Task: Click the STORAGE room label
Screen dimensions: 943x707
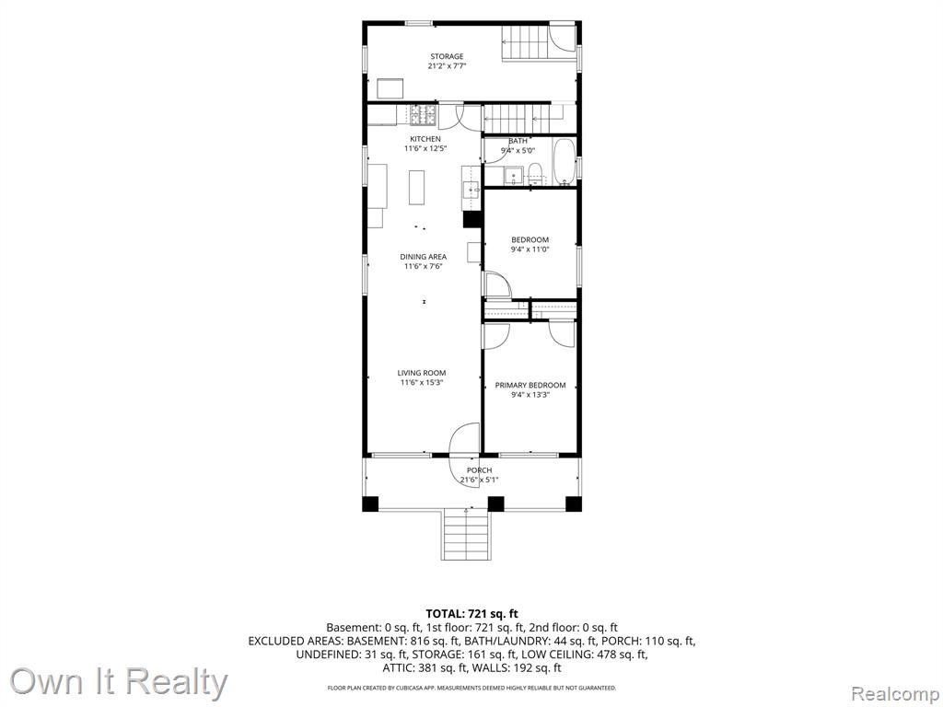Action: point(447,56)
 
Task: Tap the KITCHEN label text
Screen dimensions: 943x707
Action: point(425,139)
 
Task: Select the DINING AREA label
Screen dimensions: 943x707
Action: point(424,257)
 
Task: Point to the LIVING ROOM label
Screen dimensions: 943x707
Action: point(422,373)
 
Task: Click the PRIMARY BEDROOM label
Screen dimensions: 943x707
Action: point(530,386)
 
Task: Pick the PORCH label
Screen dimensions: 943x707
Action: point(479,470)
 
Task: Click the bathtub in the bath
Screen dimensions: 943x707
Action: point(565,162)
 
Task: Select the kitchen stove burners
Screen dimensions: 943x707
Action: point(425,114)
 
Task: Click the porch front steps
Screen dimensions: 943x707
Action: point(467,535)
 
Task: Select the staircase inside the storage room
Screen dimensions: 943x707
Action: point(526,43)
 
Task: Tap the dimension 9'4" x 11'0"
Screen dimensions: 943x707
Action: point(530,249)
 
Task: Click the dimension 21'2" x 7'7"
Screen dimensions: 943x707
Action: point(447,66)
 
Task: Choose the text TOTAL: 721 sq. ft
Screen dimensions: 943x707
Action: point(471,614)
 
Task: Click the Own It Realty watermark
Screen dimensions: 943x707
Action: point(119,682)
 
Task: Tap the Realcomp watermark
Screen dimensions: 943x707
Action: point(895,694)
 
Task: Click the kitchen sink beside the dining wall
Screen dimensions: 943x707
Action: point(470,191)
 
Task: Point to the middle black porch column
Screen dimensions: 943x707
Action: point(495,504)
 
